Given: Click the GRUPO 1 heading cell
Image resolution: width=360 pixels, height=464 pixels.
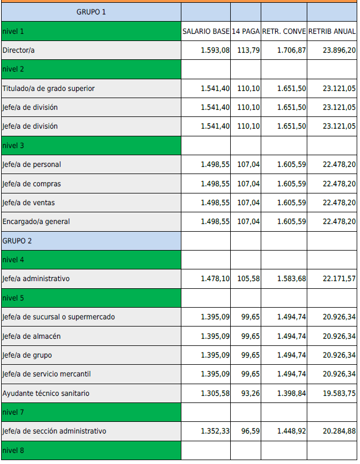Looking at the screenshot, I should (x=91, y=12).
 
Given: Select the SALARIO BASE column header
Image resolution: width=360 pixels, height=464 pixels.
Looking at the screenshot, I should (x=206, y=32).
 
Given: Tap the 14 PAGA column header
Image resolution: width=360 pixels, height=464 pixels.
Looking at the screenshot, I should (x=246, y=32).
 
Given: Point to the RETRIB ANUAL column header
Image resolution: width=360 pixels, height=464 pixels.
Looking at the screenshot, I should (x=332, y=32).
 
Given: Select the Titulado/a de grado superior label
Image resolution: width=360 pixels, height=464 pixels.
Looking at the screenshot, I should (x=49, y=89).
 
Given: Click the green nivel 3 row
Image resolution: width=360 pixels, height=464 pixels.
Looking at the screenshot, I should (x=91, y=146).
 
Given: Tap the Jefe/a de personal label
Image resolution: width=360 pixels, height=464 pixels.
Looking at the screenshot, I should (x=32, y=165).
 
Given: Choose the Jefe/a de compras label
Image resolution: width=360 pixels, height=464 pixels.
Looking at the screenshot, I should (x=32, y=183).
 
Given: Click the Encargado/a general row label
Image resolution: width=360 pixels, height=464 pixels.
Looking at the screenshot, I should (x=36, y=222).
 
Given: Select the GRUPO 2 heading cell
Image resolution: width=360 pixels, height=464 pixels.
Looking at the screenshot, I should (x=91, y=241).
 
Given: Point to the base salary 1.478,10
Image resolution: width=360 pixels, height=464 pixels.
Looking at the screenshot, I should (x=215, y=279).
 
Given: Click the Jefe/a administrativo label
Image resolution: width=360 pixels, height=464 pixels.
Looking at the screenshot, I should (x=36, y=279).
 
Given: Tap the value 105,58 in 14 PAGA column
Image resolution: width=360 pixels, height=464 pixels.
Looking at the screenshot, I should (x=249, y=279).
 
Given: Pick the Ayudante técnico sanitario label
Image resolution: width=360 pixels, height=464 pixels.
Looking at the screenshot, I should (x=46, y=393).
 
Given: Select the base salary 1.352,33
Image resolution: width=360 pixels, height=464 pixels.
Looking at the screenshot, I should (x=215, y=431).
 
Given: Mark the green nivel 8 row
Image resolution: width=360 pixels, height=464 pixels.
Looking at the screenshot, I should (x=91, y=450).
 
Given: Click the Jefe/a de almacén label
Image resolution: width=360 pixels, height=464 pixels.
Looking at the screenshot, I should (x=32, y=336).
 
